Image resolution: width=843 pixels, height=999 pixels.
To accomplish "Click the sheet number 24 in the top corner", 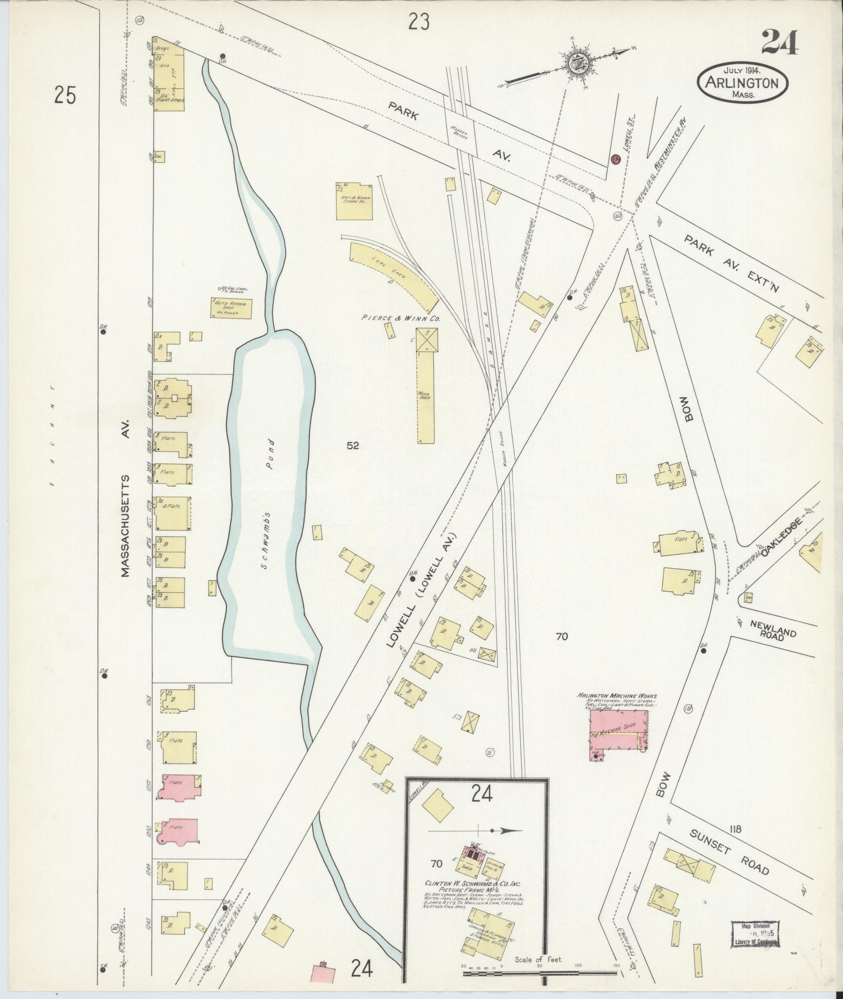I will coord(779,43).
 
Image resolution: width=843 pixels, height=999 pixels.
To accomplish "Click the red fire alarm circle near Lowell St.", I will coord(615,158).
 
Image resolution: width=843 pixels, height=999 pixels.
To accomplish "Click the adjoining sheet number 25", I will coord(65,96).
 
